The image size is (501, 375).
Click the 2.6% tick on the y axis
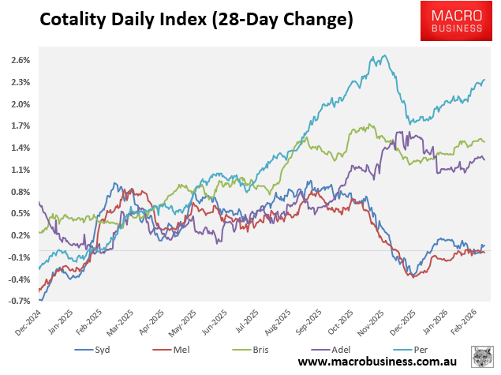[x=21, y=60]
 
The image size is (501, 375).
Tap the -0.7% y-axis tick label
[x=20, y=301]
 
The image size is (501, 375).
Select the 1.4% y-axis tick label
[x=21, y=148]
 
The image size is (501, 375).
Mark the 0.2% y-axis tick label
[x=21, y=235]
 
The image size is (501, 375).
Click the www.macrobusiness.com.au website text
[x=379, y=361]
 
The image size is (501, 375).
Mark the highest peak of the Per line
[x=384, y=55]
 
